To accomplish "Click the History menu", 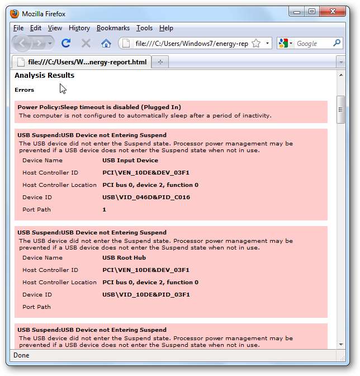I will point(79,28).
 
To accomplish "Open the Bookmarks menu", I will point(113,28).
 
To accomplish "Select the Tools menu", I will point(144,28).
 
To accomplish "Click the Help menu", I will point(166,28).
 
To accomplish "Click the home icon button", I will point(106,43).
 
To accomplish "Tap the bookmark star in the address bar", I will point(255,43).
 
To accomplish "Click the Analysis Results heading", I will point(44,76).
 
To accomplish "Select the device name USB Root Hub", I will point(124,258).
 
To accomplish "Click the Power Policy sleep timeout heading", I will point(100,107).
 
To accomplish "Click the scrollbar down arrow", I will point(340,344).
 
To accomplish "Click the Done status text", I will point(21,355).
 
